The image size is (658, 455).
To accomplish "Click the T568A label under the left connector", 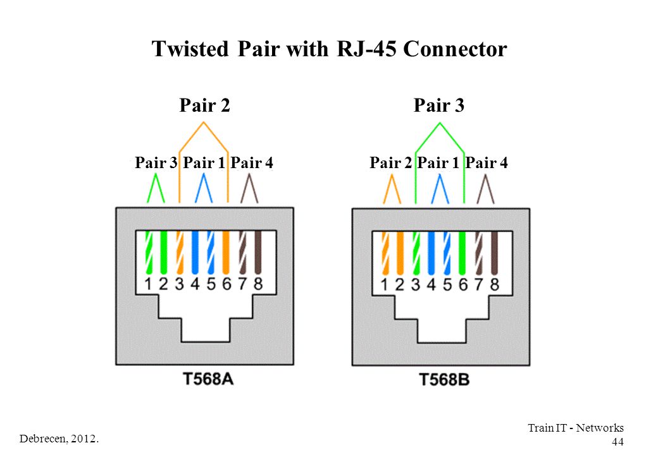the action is tap(208, 379).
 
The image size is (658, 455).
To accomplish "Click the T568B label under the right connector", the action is tap(444, 380).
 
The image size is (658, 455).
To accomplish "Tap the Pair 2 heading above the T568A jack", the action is tap(205, 105).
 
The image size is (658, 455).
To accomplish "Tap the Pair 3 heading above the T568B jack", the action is tap(439, 105).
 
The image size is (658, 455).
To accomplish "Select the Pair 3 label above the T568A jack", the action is tap(156, 162).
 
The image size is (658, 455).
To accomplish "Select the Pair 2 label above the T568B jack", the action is tap(391, 162).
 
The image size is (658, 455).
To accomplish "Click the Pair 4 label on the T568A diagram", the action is tap(252, 162).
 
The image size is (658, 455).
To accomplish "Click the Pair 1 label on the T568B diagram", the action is tap(438, 162).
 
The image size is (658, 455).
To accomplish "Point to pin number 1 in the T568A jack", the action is tap(147, 284).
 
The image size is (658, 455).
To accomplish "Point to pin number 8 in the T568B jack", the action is tap(495, 284).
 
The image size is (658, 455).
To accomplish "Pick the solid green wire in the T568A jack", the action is tap(164, 253).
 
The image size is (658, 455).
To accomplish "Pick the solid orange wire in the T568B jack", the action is tap(400, 253).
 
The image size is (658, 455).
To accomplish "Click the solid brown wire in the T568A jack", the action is tap(258, 253).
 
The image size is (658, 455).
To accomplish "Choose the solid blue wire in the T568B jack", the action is tap(431, 253).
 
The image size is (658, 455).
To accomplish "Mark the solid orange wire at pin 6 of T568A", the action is tap(226, 253).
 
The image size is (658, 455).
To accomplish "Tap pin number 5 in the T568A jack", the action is tap(211, 284).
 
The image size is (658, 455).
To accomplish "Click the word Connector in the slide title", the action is tap(455, 49).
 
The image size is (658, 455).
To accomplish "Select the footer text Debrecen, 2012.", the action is tap(59, 439).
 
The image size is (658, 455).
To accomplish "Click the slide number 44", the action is tap(618, 442).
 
